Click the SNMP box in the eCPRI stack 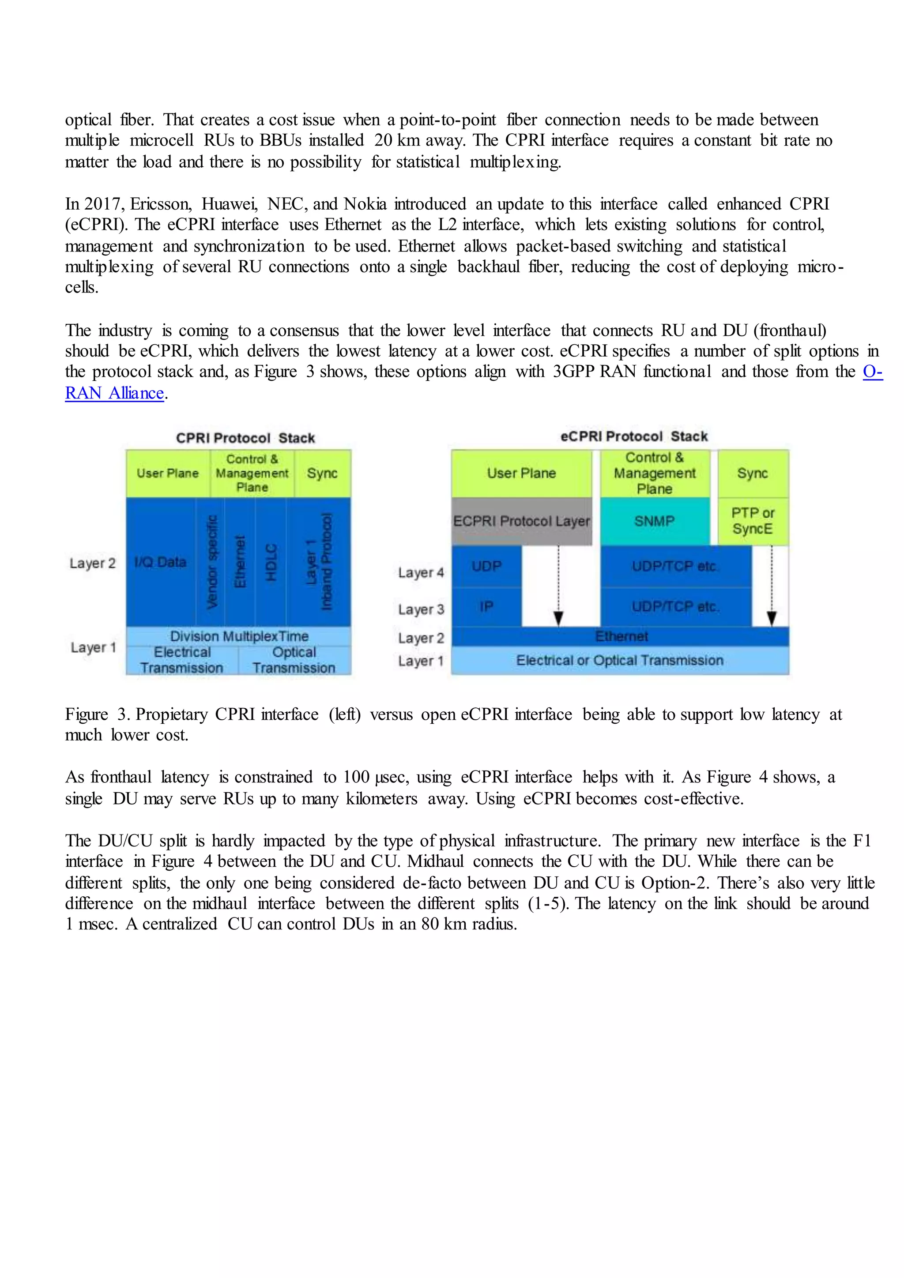pyautogui.click(x=655, y=521)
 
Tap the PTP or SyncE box pyautogui.click(x=753, y=521)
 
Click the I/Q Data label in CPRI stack pyautogui.click(x=160, y=562)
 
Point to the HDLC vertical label pyautogui.click(x=271, y=562)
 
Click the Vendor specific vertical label pyautogui.click(x=211, y=562)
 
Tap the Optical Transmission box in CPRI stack pyautogui.click(x=294, y=660)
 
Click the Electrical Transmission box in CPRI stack pyautogui.click(x=182, y=660)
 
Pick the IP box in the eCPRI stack pyautogui.click(x=486, y=607)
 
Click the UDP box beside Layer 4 pyautogui.click(x=486, y=566)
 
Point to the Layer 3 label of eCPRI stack pyautogui.click(x=421, y=609)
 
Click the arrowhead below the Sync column pyautogui.click(x=772, y=618)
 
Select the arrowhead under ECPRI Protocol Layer pyautogui.click(x=558, y=618)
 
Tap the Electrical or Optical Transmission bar pyautogui.click(x=620, y=660)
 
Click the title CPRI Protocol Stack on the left pyautogui.click(x=245, y=438)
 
